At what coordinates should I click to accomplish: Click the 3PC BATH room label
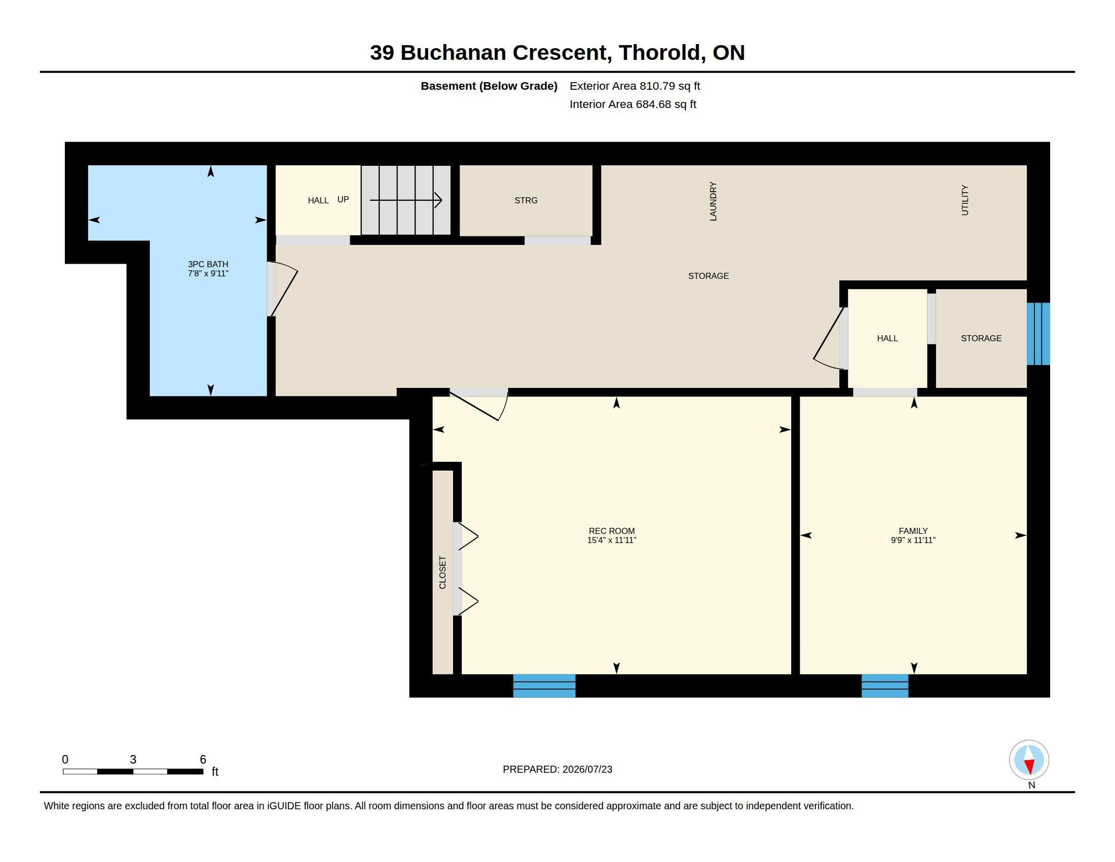click(208, 264)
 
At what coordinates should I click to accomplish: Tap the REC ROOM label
click(612, 531)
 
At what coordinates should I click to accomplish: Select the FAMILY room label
click(913, 531)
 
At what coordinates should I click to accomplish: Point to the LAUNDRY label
click(713, 201)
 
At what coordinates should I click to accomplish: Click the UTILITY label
click(965, 200)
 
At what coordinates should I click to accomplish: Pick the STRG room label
click(526, 200)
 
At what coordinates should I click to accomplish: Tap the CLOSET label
click(442, 572)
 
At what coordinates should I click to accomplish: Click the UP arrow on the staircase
click(406, 200)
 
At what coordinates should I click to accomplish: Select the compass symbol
click(1029, 760)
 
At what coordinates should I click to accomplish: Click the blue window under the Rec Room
click(544, 686)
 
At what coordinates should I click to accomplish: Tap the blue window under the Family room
click(885, 686)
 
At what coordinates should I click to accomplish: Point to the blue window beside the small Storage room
click(1038, 334)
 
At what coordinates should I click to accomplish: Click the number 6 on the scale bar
click(203, 760)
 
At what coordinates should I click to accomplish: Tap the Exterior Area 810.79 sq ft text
click(635, 86)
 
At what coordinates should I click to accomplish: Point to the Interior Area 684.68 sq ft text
click(633, 104)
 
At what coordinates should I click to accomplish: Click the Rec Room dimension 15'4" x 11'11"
click(612, 541)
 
